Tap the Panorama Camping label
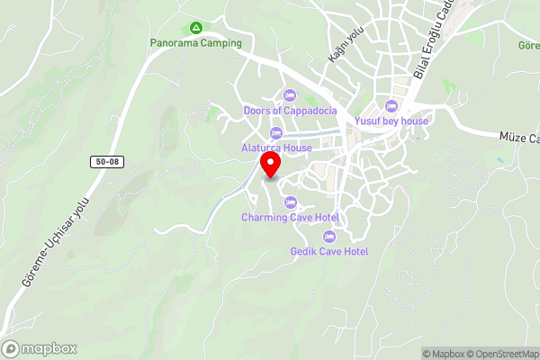point(197,42)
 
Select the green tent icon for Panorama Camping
point(197,28)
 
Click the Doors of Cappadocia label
point(290,111)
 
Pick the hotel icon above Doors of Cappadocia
point(290,94)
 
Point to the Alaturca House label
point(276,147)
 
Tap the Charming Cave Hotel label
point(290,217)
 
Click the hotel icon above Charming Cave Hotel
point(290,202)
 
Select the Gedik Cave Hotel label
point(329,251)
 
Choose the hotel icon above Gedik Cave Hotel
point(329,236)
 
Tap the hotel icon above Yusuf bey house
point(390,106)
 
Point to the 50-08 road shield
point(106,162)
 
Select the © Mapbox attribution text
point(445,354)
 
